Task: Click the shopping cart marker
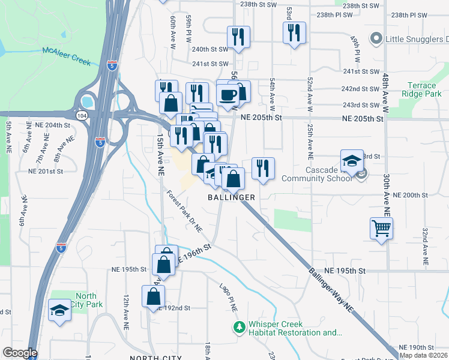(x=382, y=229)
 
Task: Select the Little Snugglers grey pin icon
(x=376, y=39)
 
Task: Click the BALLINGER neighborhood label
(x=232, y=197)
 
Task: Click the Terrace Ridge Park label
(x=425, y=90)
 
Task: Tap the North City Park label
(x=85, y=300)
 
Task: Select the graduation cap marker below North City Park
(x=59, y=310)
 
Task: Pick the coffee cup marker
(x=228, y=95)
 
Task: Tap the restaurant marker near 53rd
(x=294, y=34)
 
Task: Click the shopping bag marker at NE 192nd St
(x=154, y=295)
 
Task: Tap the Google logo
(x=20, y=353)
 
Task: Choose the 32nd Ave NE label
(x=424, y=247)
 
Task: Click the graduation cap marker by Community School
(x=352, y=161)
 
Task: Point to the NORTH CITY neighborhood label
(x=155, y=358)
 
